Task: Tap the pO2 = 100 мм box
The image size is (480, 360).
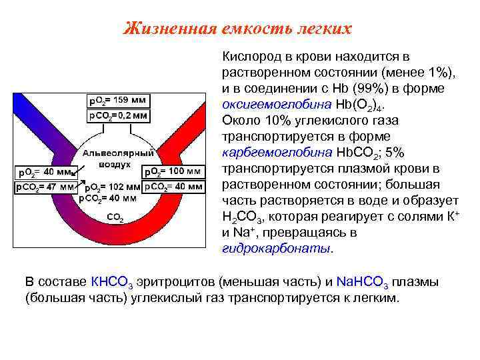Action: click(173, 172)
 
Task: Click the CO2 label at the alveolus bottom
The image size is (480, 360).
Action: click(115, 216)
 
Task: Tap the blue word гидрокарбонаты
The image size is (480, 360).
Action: click(275, 249)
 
